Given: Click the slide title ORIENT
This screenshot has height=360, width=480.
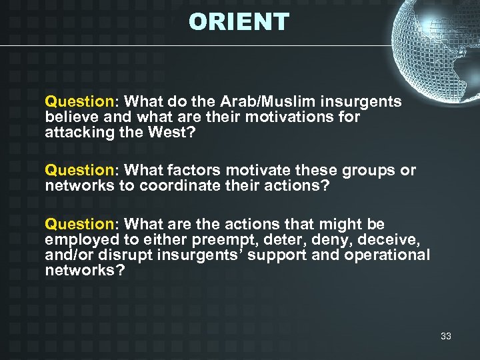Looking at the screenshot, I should (x=239, y=22).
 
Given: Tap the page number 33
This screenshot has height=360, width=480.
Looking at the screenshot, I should (x=445, y=336).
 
